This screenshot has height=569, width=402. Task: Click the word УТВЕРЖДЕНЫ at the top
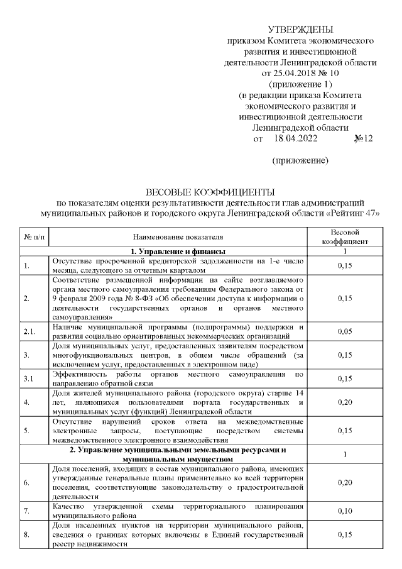(x=300, y=30)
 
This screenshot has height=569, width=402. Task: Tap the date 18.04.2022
(x=296, y=138)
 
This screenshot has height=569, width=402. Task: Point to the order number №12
(x=364, y=138)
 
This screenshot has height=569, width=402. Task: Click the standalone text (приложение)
(x=300, y=161)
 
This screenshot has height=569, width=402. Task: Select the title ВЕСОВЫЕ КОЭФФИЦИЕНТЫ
(x=210, y=192)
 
